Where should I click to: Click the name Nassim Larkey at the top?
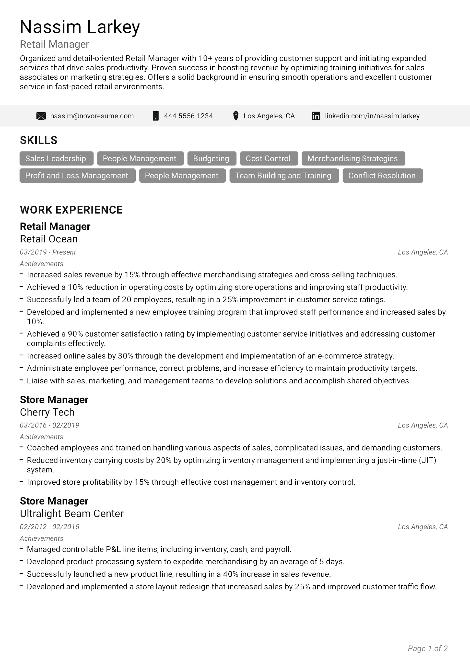pos(80,27)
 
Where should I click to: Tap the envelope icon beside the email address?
pos(41,116)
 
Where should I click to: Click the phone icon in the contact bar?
pos(156,116)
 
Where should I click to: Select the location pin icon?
pos(236,116)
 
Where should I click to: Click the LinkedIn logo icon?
pos(316,116)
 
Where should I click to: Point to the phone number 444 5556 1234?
pos(188,116)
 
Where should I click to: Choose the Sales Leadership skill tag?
pos(57,158)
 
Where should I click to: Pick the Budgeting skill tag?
pos(211,158)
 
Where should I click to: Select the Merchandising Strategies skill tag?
pos(353,158)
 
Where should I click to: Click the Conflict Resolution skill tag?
pos(382,176)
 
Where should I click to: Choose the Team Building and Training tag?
pos(284,176)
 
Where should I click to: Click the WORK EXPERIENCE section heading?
pos(71,210)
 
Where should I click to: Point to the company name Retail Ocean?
pos(49,239)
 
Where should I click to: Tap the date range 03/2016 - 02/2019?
pos(49,425)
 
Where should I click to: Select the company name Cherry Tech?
pos(47,412)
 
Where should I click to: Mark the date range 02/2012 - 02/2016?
pos(49,527)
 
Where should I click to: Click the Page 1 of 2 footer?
pos(427,648)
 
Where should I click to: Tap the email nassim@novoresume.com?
pos(92,116)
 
